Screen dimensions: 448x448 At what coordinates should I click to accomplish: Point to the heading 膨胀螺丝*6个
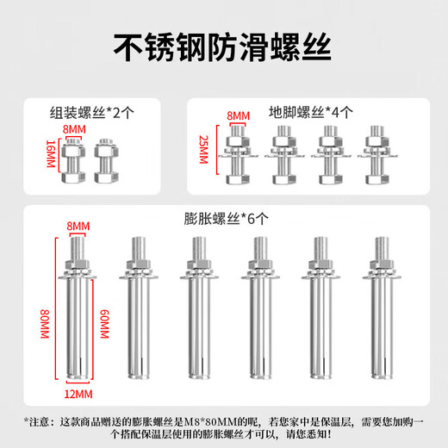225,219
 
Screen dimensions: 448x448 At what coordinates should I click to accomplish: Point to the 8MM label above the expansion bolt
79,227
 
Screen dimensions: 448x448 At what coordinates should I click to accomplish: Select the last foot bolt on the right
376,155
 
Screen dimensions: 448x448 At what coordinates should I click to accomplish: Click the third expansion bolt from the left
196,310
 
